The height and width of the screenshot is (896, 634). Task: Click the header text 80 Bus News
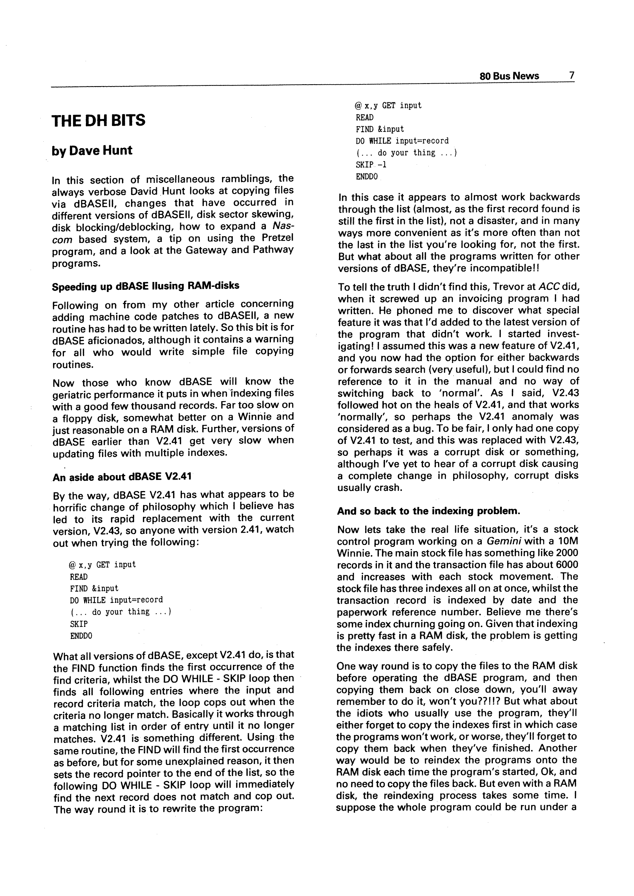509,76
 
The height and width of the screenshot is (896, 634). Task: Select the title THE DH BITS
98,120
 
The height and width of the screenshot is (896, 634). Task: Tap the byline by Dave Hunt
92,151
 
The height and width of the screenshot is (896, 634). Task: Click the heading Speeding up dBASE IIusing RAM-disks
145,286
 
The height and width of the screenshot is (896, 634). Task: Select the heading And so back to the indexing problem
428,511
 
